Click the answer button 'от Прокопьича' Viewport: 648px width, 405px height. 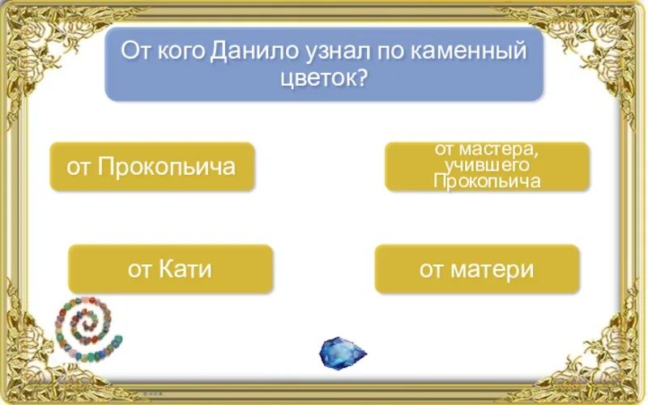point(152,167)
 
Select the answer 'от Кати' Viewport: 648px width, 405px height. point(170,269)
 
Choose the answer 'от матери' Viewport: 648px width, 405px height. point(476,269)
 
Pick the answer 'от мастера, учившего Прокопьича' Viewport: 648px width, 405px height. point(487,167)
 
